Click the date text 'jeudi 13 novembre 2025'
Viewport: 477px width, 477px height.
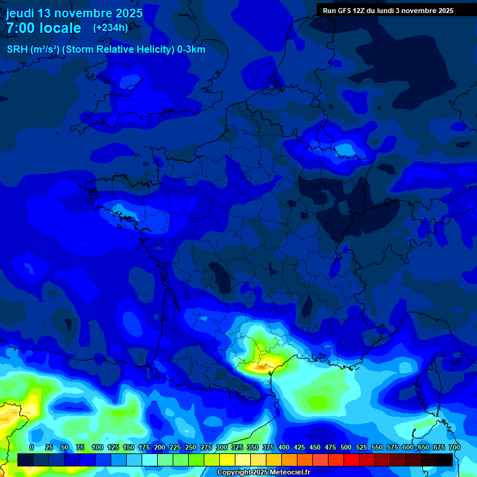click(x=75, y=13)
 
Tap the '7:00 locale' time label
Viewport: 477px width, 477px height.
click(x=43, y=28)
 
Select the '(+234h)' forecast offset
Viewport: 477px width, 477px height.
click(x=111, y=28)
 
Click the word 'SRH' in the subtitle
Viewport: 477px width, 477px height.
click(x=17, y=50)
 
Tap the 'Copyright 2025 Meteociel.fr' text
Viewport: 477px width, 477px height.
click(x=263, y=473)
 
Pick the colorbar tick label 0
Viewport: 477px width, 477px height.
click(x=32, y=447)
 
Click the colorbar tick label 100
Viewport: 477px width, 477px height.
click(x=97, y=447)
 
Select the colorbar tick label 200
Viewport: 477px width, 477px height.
click(x=159, y=447)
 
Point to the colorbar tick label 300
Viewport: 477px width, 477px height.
click(x=221, y=447)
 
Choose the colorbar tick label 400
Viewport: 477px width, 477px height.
click(x=284, y=447)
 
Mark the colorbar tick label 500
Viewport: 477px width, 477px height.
click(x=346, y=447)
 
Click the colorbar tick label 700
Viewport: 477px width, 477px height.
click(x=454, y=447)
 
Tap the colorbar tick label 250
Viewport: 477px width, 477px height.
click(x=190, y=447)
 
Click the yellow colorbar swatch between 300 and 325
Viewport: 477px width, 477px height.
click(x=227, y=460)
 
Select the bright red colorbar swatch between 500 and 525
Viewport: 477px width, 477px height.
click(x=352, y=460)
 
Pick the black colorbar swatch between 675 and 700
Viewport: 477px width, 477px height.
click(x=445, y=460)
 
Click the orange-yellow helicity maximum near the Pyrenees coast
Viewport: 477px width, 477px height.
click(x=259, y=367)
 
